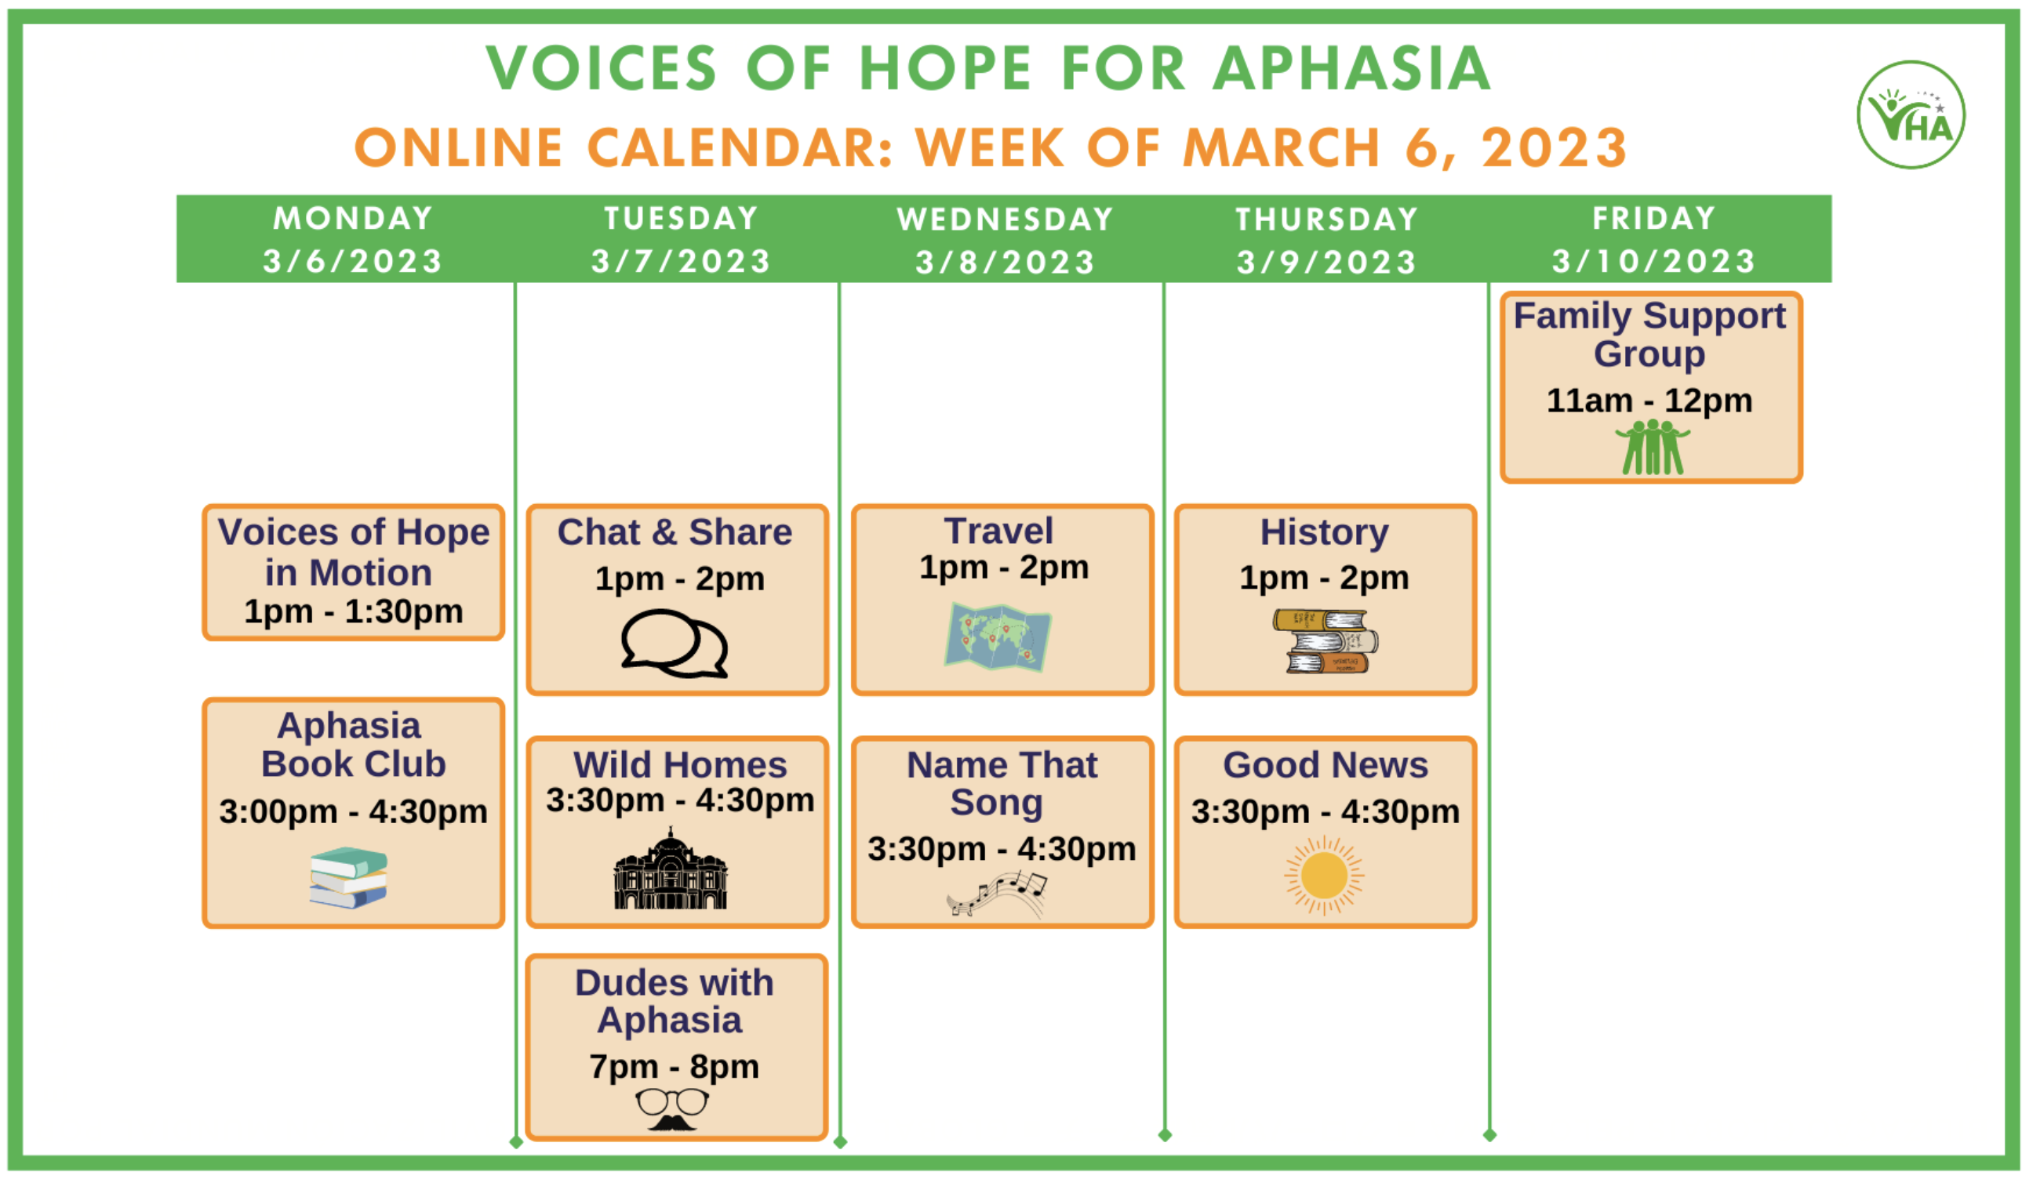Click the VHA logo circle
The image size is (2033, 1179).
tap(1911, 114)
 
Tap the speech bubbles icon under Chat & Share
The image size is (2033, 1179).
tap(675, 644)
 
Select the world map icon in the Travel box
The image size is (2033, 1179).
tap(998, 637)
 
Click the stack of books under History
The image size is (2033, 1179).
tap(1326, 641)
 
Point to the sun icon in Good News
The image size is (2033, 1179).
tap(1324, 876)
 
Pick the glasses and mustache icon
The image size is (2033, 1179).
tap(672, 1109)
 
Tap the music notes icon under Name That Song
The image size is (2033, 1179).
tap(997, 894)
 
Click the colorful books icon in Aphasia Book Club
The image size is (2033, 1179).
tap(348, 877)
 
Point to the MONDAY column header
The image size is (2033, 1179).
tap(352, 219)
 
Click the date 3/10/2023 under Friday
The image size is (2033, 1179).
tap(1654, 261)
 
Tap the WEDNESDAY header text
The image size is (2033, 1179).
tap(1006, 219)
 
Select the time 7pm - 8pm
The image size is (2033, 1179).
tap(675, 1066)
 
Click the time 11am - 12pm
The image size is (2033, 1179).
tap(1649, 401)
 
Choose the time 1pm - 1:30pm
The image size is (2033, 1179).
tap(354, 611)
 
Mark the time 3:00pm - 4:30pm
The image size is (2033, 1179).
tap(354, 811)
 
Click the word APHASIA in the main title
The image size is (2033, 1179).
tap(1352, 67)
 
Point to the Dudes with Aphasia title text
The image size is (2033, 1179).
tap(673, 1001)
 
